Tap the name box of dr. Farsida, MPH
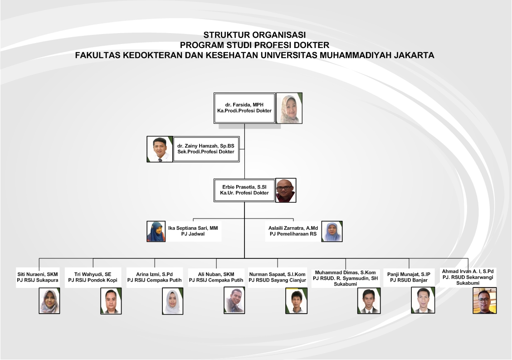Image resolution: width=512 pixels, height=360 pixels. pos(244,108)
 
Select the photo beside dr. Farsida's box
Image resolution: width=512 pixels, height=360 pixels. pos(289,108)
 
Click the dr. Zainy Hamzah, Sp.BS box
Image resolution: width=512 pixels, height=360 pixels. pos(206,149)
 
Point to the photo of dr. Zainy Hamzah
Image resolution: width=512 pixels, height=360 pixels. pos(160,149)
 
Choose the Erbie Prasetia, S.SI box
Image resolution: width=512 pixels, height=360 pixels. pos(244,190)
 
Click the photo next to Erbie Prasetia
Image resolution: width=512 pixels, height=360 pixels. pos(286,190)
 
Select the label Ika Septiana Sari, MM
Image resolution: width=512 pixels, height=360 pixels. pos(193,228)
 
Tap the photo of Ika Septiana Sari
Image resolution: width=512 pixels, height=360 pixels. pos(156,231)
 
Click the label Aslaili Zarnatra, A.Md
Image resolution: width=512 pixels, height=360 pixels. pos(293,228)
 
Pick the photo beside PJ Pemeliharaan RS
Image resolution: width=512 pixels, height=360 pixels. pos(332,231)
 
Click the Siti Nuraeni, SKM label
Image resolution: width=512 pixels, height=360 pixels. pos(38,274)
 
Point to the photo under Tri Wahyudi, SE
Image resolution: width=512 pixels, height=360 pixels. pos(111,301)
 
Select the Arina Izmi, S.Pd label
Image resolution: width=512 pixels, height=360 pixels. pos(155,274)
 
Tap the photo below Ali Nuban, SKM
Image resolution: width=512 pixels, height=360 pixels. pos(234,300)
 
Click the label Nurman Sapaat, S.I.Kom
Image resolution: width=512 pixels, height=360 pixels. pos(278,274)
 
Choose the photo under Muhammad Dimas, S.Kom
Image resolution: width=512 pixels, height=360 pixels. pos(369,301)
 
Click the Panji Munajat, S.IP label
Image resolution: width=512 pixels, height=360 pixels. pos(409,274)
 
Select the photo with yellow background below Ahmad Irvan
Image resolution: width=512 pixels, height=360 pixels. pos(485,301)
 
